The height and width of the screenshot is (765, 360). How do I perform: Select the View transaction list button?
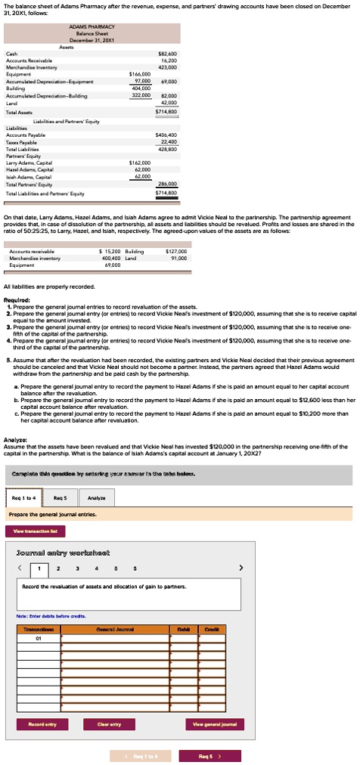pyautogui.click(x=34, y=531)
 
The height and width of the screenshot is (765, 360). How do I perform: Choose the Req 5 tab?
pyautogui.click(x=61, y=497)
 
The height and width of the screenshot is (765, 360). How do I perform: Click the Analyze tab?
pyautogui.click(x=97, y=497)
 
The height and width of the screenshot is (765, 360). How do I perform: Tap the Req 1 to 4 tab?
pyautogui.click(x=23, y=497)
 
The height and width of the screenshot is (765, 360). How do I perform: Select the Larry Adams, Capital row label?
pyautogui.click(x=29, y=163)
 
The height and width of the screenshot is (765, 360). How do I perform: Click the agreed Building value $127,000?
pyautogui.click(x=175, y=230)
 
